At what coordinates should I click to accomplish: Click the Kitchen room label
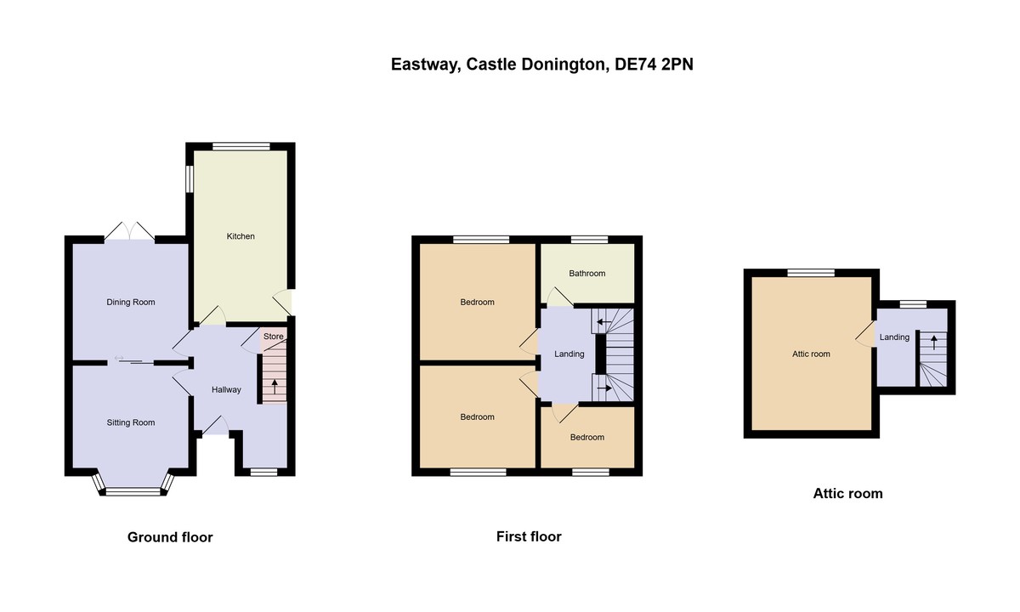[241, 236]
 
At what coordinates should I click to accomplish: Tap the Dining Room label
[131, 302]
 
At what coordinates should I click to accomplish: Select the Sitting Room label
[131, 422]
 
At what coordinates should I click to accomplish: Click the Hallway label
[226, 390]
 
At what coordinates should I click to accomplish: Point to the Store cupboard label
[273, 337]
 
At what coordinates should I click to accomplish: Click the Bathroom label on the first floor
[587, 274]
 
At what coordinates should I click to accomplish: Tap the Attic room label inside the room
[810, 354]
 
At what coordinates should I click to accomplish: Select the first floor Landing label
[569, 354]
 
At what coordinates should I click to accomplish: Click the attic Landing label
[894, 337]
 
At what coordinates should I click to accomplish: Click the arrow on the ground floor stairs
[274, 385]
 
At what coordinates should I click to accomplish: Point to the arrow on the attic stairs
[934, 343]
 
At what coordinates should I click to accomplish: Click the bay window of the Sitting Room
[132, 489]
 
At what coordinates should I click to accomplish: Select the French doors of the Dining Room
[130, 230]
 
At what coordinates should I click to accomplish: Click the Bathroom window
[588, 240]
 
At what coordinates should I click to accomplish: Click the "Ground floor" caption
[170, 537]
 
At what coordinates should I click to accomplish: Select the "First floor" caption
[529, 536]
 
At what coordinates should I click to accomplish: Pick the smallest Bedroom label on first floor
[587, 437]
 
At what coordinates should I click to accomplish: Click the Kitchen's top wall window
[241, 146]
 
